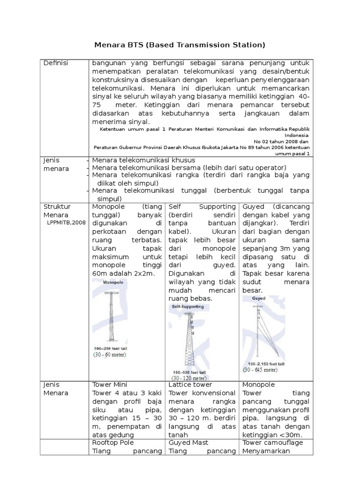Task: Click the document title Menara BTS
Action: pos(180,45)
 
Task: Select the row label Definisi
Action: pos(56,63)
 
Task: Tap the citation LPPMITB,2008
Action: pos(66,223)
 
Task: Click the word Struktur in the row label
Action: pos(57,206)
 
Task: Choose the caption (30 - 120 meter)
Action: pos(188,378)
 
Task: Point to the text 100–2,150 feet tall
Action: pos(266,364)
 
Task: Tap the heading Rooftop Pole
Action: pos(113,442)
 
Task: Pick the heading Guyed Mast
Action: pos(188,442)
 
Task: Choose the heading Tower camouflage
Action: pos(272,442)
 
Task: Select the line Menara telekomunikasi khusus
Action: pos(143,160)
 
